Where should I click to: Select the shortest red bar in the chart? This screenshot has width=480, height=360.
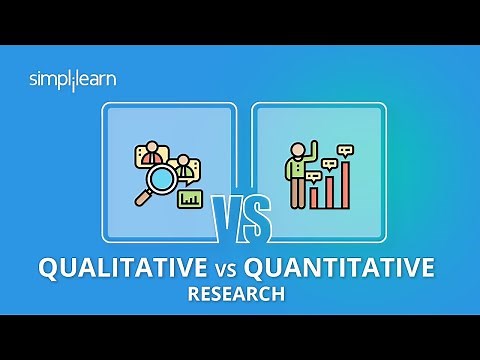pos(314,196)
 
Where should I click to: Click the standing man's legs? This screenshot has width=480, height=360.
pos(296,195)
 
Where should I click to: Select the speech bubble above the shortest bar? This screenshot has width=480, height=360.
pos(313,176)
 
